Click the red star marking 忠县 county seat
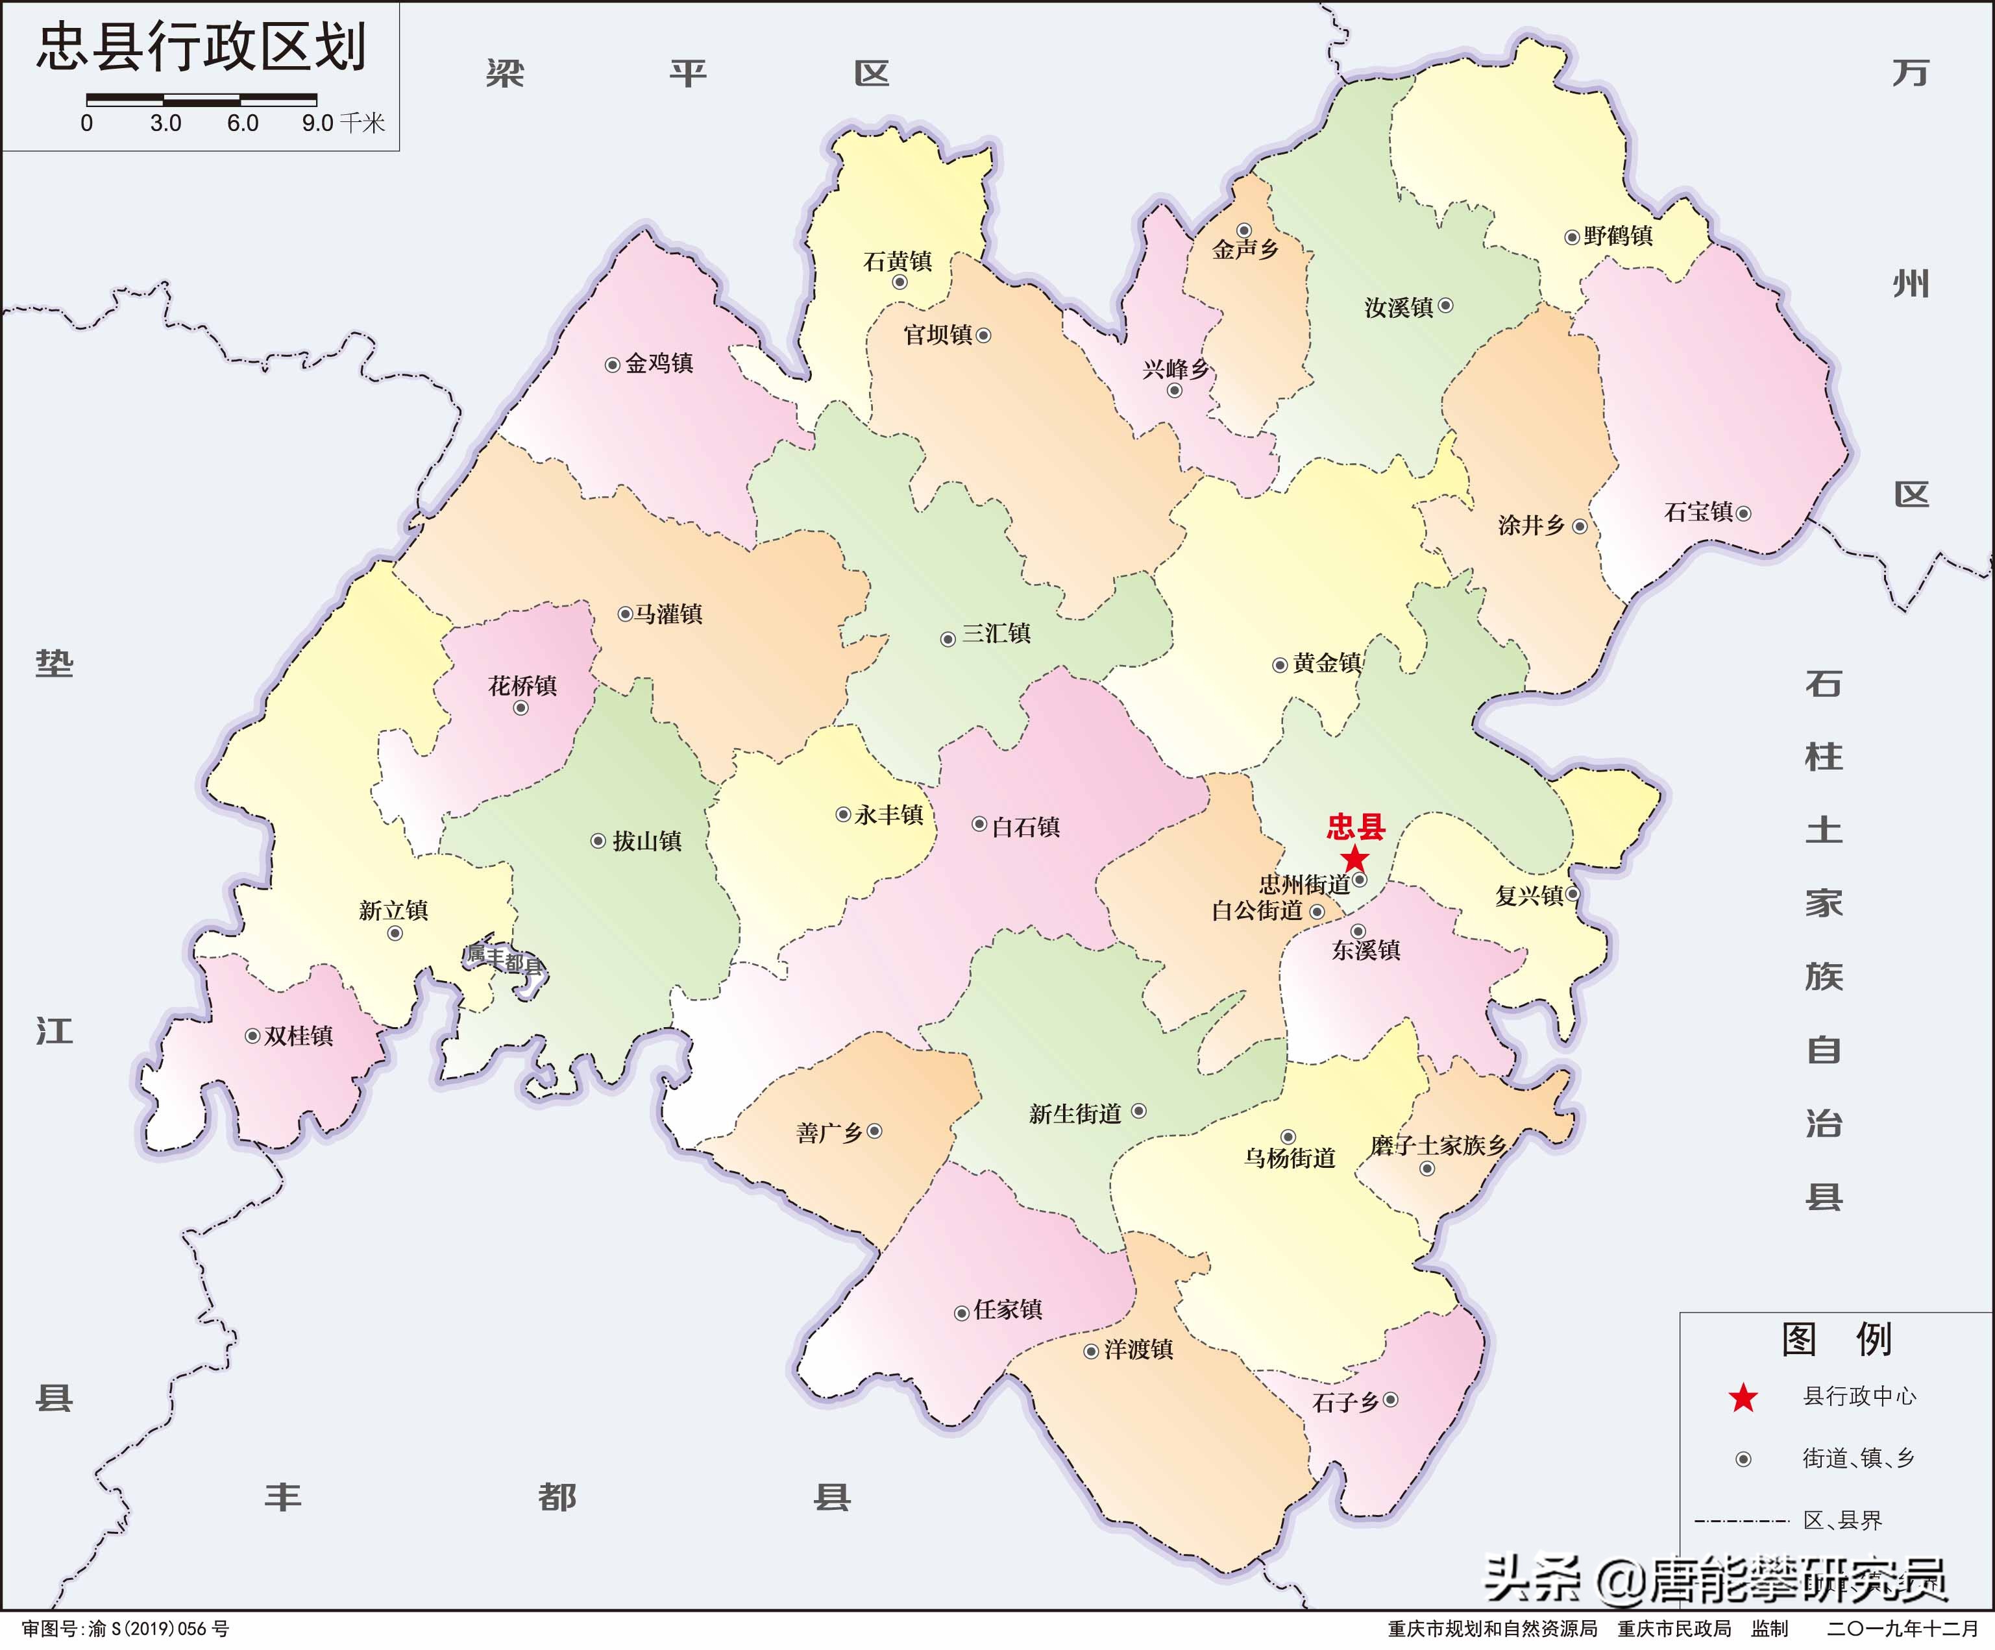[x=1354, y=860]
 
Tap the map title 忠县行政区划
[x=201, y=47]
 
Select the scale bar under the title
[x=201, y=98]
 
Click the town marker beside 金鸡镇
[x=613, y=365]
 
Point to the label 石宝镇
[x=1698, y=512]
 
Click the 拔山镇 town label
[x=647, y=841]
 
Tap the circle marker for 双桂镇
[x=252, y=1036]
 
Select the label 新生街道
[x=1075, y=1113]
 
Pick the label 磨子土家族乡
[x=1438, y=1146]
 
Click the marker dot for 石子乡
[x=1391, y=1399]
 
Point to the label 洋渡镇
[x=1139, y=1349]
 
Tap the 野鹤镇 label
[x=1619, y=236]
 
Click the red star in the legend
[x=1743, y=1398]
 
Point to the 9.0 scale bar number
[x=318, y=123]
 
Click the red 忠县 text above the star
[x=1356, y=827]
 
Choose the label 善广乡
[x=829, y=1132]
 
